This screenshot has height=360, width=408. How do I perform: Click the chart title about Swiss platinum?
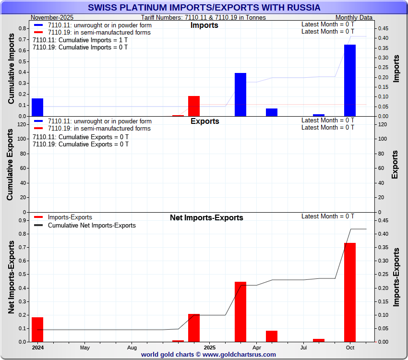pyautogui.click(x=204, y=8)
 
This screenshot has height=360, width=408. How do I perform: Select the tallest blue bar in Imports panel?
pyautogui.click(x=350, y=80)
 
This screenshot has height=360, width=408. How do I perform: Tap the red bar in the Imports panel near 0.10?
pyautogui.click(x=194, y=106)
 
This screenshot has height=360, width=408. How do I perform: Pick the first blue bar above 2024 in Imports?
pyautogui.click(x=37, y=107)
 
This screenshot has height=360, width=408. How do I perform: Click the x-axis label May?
pyautogui.click(x=85, y=347)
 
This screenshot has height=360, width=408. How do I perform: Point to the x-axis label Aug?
pyautogui.click(x=132, y=347)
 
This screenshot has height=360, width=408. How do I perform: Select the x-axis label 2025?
pyautogui.click(x=210, y=347)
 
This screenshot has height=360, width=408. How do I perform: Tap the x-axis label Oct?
pyautogui.click(x=350, y=347)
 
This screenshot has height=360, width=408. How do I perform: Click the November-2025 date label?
pyautogui.click(x=52, y=17)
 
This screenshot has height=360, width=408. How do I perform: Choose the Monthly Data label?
pyautogui.click(x=354, y=17)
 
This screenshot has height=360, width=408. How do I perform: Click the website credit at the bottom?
pyautogui.click(x=208, y=354)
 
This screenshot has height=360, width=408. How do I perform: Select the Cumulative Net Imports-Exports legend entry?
pyautogui.click(x=92, y=225)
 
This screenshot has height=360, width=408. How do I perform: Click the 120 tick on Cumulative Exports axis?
pyautogui.click(x=22, y=124)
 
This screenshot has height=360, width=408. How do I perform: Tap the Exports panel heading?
pyautogui.click(x=204, y=121)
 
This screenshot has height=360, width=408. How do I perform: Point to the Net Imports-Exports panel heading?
pyautogui.click(x=206, y=217)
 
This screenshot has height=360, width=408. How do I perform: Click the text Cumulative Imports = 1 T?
pyautogui.click(x=80, y=40)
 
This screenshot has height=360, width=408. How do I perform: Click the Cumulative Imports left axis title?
pyautogui.click(x=12, y=72)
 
